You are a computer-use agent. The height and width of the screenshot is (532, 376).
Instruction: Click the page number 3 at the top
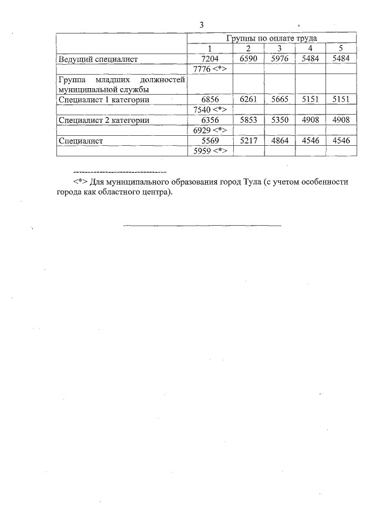(x=201, y=24)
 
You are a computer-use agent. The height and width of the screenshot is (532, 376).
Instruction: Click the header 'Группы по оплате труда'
(x=271, y=38)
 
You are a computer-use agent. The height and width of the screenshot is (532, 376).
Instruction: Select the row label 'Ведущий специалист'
(x=97, y=59)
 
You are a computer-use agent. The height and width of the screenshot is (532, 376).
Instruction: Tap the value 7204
(x=210, y=59)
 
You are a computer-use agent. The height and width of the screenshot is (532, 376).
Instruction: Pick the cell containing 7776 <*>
(x=210, y=69)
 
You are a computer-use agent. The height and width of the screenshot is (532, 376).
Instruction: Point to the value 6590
(x=249, y=59)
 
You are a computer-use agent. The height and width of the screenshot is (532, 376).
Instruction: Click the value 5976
(x=279, y=59)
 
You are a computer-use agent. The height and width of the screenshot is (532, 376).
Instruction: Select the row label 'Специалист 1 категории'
(x=103, y=99)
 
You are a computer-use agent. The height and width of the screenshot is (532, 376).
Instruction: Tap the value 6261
(x=249, y=99)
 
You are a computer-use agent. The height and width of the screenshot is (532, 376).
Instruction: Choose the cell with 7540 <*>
(x=210, y=109)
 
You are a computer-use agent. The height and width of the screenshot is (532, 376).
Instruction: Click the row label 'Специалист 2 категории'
(x=103, y=120)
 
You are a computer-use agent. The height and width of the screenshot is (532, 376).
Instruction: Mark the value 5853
(x=249, y=120)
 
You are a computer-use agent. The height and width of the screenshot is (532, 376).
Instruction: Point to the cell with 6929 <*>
(x=210, y=130)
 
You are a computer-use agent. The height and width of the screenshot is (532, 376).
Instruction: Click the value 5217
(x=249, y=140)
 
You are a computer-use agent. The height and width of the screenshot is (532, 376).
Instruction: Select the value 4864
(x=279, y=140)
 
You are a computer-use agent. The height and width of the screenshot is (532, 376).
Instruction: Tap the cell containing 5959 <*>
(x=210, y=150)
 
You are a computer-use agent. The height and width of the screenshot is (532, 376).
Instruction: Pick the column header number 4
(x=310, y=48)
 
